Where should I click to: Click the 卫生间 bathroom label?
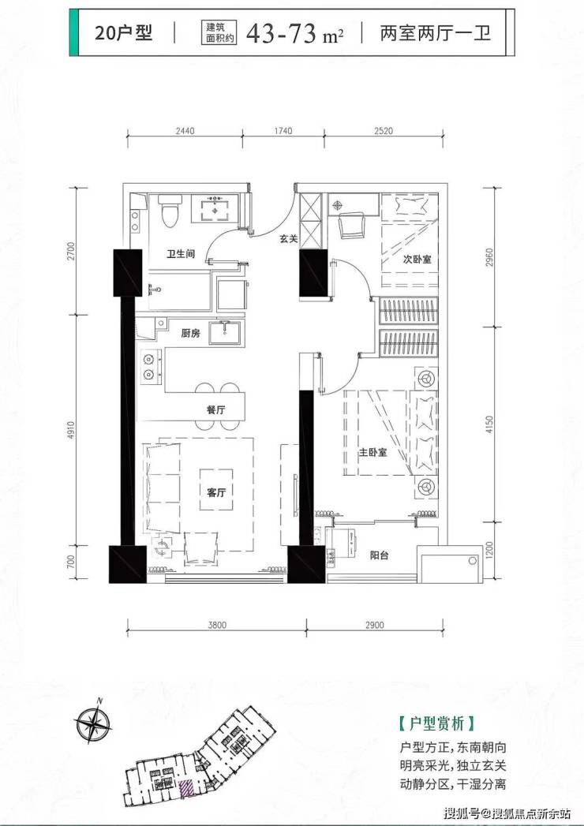click(181, 254)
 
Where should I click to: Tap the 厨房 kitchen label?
click(190, 333)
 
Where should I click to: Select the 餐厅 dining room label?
click(216, 409)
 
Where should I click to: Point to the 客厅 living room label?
click(216, 492)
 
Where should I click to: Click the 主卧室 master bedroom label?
click(373, 453)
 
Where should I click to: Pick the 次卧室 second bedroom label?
click(417, 260)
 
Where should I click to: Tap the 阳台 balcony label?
click(380, 555)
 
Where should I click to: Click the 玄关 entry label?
click(288, 238)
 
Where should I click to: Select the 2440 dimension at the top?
click(185, 131)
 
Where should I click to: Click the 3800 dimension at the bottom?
click(216, 626)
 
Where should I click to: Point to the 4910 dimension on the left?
click(72, 432)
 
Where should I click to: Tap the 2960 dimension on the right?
click(489, 257)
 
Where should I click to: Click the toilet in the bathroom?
click(170, 211)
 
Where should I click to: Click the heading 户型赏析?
click(436, 723)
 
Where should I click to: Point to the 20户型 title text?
click(123, 32)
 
